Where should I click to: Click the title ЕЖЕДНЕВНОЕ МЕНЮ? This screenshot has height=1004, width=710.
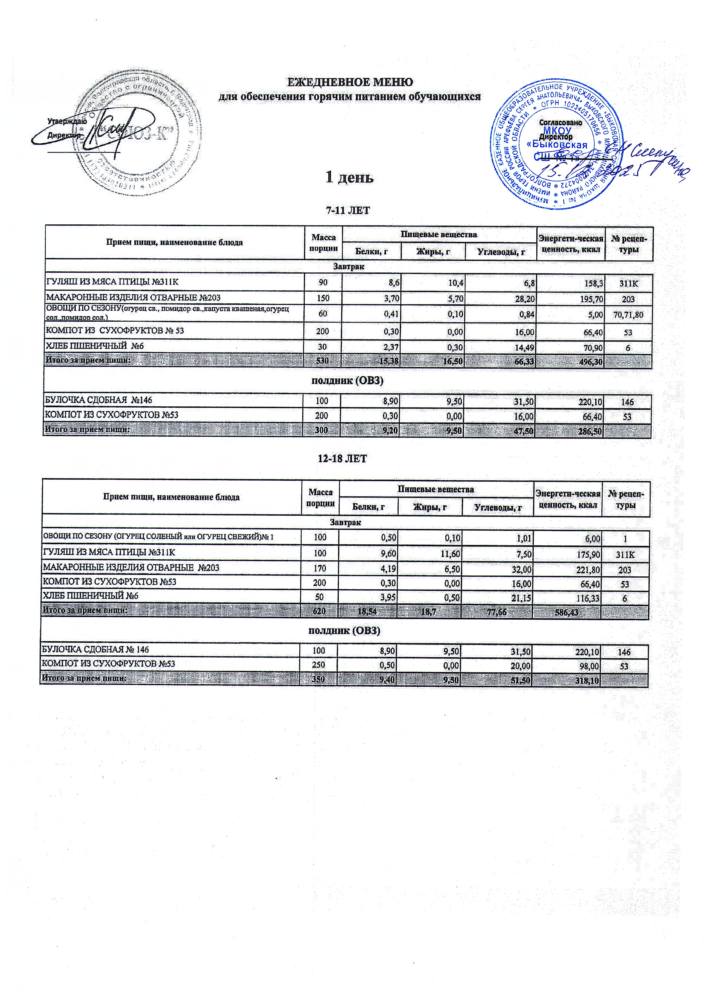coord(349,82)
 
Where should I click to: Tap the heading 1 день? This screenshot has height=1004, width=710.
coord(349,177)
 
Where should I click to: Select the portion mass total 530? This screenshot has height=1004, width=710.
coord(322,361)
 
